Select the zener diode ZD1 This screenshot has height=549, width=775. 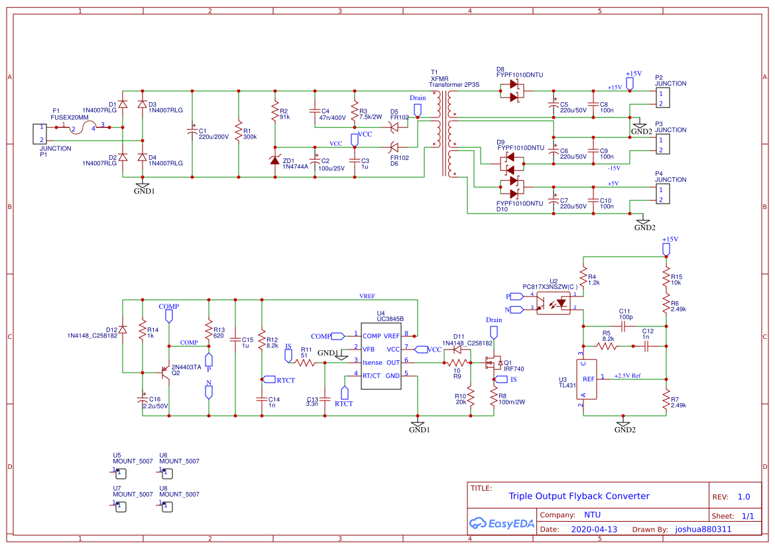point(275,161)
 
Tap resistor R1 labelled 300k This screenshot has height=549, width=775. point(239,132)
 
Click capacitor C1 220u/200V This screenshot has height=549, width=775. point(192,132)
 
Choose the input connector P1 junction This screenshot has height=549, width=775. point(41,133)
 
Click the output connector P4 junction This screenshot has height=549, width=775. point(662,195)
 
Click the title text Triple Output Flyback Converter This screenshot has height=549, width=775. point(579,496)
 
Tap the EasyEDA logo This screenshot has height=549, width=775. point(499,522)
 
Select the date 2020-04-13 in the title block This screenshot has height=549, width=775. point(594,530)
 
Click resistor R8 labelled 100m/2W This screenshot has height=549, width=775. point(494,398)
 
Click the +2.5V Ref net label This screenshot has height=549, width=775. point(627,375)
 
